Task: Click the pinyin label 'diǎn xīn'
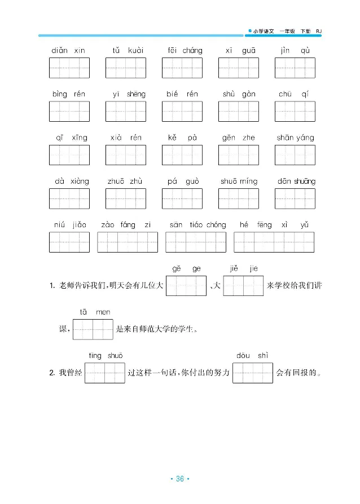pyautogui.click(x=68, y=51)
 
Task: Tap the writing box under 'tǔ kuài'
pyautogui.click(x=125, y=68)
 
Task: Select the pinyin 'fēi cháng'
pyautogui.click(x=185, y=51)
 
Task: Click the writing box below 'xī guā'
pyautogui.click(x=239, y=68)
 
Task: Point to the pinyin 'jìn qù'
pyautogui.click(x=296, y=51)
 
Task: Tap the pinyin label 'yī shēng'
pyautogui.click(x=129, y=94)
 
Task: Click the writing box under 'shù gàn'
pyautogui.click(x=239, y=111)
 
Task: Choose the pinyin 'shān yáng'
pyautogui.click(x=296, y=138)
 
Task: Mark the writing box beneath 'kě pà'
pyautogui.click(x=182, y=154)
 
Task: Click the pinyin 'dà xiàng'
pyautogui.click(x=72, y=182)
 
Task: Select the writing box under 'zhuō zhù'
pyautogui.click(x=125, y=198)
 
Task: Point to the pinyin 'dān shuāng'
pyautogui.click(x=296, y=182)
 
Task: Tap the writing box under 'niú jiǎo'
pyautogui.click(x=69, y=242)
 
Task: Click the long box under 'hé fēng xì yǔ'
pyautogui.click(x=274, y=242)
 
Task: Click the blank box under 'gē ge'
pyautogui.click(x=186, y=286)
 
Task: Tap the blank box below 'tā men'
pyautogui.click(x=93, y=330)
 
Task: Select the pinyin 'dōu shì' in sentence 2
pyautogui.click(x=252, y=356)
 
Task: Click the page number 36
pyautogui.click(x=180, y=479)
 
